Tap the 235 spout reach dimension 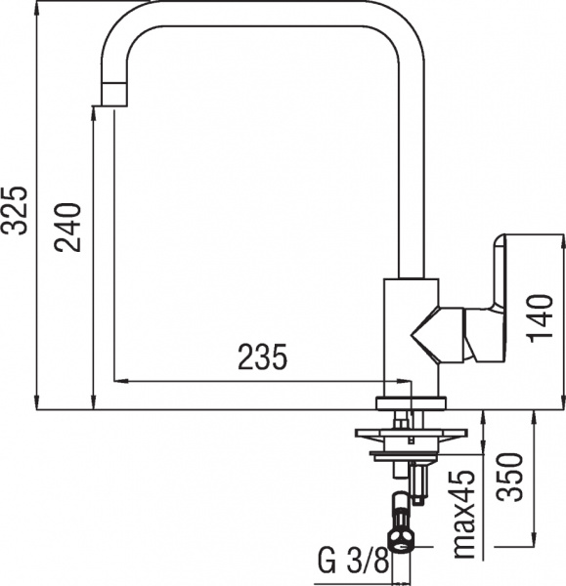(x=263, y=359)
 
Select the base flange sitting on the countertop (x=412, y=402)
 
